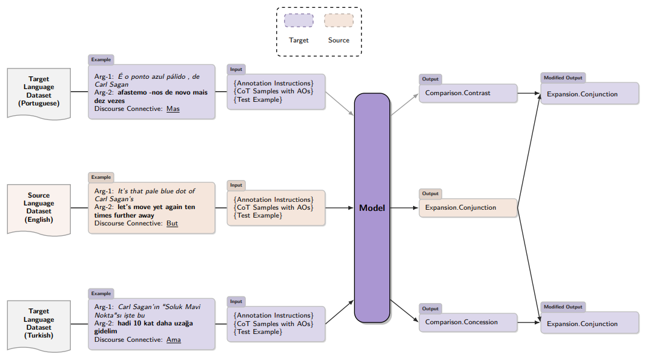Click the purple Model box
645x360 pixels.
click(372, 208)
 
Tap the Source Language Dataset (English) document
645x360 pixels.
click(39, 208)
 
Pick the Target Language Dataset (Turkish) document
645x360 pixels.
click(39, 324)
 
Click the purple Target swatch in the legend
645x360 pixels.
click(299, 21)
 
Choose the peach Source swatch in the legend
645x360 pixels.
click(339, 21)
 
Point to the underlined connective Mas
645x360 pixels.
click(173, 109)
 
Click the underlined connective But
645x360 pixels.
click(173, 223)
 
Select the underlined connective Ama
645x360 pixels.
click(174, 339)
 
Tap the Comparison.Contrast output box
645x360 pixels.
click(468, 93)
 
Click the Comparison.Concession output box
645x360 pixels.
click(468, 322)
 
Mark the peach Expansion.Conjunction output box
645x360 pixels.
click(468, 208)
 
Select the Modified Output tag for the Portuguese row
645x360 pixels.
click(563, 78)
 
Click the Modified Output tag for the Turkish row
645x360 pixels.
click(563, 307)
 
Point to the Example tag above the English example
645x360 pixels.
click(101, 178)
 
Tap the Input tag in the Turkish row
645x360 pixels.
click(236, 302)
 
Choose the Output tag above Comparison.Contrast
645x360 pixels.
click(431, 79)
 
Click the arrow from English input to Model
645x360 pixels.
click(339, 208)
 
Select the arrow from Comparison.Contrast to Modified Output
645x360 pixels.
click(529, 93)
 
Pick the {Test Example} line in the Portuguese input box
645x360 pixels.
click(258, 99)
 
